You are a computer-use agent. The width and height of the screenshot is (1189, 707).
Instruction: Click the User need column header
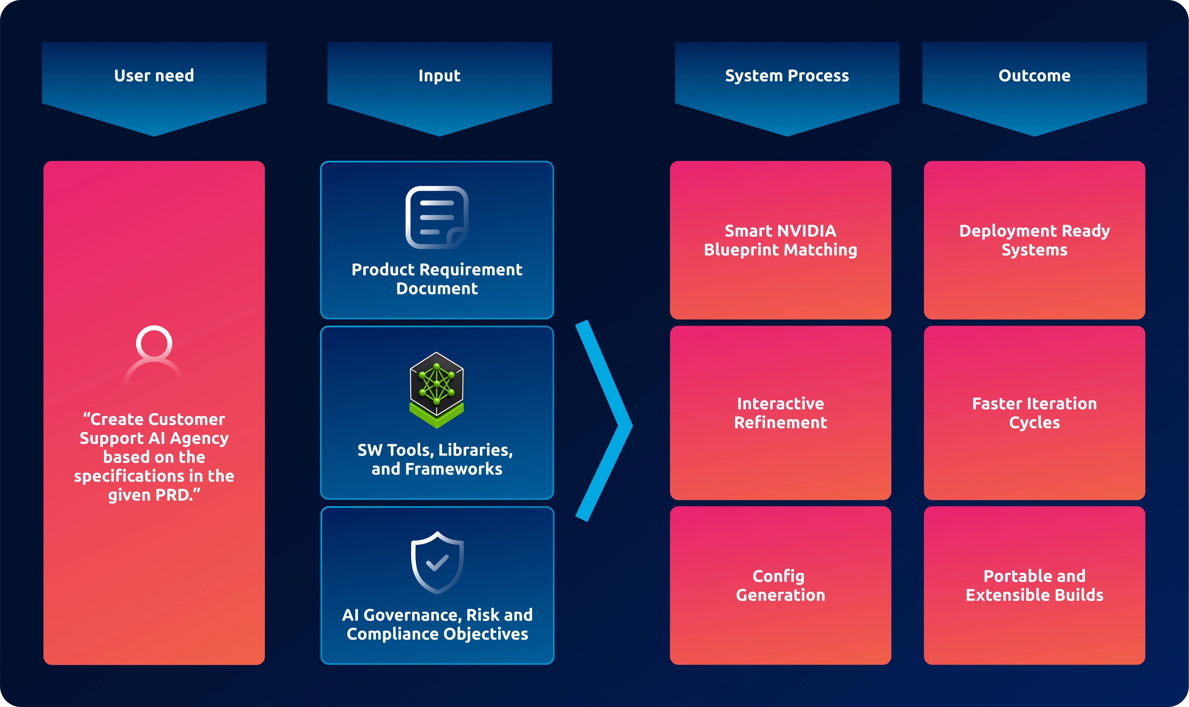coord(154,76)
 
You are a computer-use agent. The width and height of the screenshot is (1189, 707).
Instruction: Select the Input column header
coord(439,76)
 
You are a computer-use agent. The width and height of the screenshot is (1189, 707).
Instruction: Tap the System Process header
coord(787,76)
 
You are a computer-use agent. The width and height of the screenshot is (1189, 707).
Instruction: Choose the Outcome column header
coord(1034,76)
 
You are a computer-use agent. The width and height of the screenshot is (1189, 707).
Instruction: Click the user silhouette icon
coord(154,355)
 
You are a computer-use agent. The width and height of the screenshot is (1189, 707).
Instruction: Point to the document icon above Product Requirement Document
coord(437,217)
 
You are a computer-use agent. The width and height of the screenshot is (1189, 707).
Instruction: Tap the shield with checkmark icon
coord(437,562)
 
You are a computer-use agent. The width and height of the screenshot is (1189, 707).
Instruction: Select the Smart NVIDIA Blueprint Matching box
coord(780,240)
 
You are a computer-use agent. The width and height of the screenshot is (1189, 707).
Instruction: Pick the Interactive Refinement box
coord(780,413)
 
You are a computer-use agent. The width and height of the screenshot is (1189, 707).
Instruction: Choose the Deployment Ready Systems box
coord(1034,240)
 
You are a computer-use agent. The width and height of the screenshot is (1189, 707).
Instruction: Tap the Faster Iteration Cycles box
coord(1034,413)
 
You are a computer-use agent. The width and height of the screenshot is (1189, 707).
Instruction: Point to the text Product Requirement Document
coord(437,279)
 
